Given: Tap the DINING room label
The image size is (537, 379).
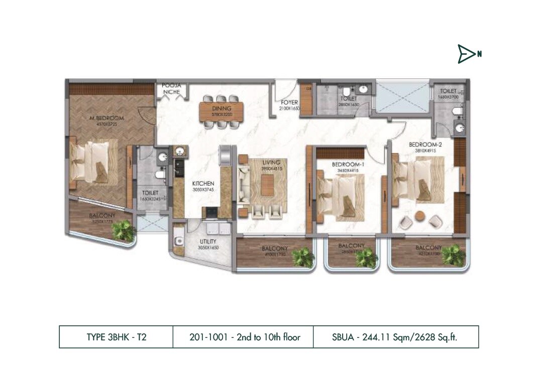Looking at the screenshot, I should click(222, 108).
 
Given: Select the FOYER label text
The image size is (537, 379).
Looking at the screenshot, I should click(290, 102).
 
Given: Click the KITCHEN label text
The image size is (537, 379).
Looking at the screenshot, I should click(203, 184).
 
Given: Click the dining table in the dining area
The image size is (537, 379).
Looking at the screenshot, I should click(222, 111).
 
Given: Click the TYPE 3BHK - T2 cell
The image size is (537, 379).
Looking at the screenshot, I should click(116, 337).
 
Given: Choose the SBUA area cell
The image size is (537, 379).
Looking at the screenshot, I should click(395, 337).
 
